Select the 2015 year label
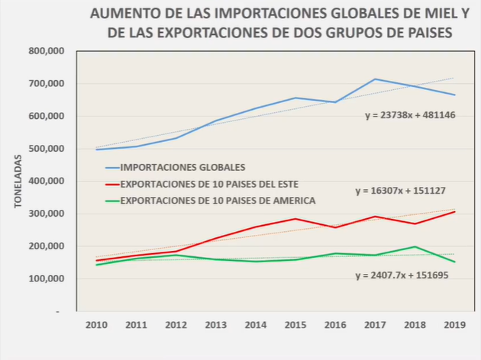(x=295, y=326)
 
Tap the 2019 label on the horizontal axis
(x=454, y=326)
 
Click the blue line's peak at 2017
(x=374, y=79)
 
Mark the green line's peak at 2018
(x=414, y=246)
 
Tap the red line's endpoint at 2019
(x=454, y=211)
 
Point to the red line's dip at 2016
(x=334, y=227)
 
